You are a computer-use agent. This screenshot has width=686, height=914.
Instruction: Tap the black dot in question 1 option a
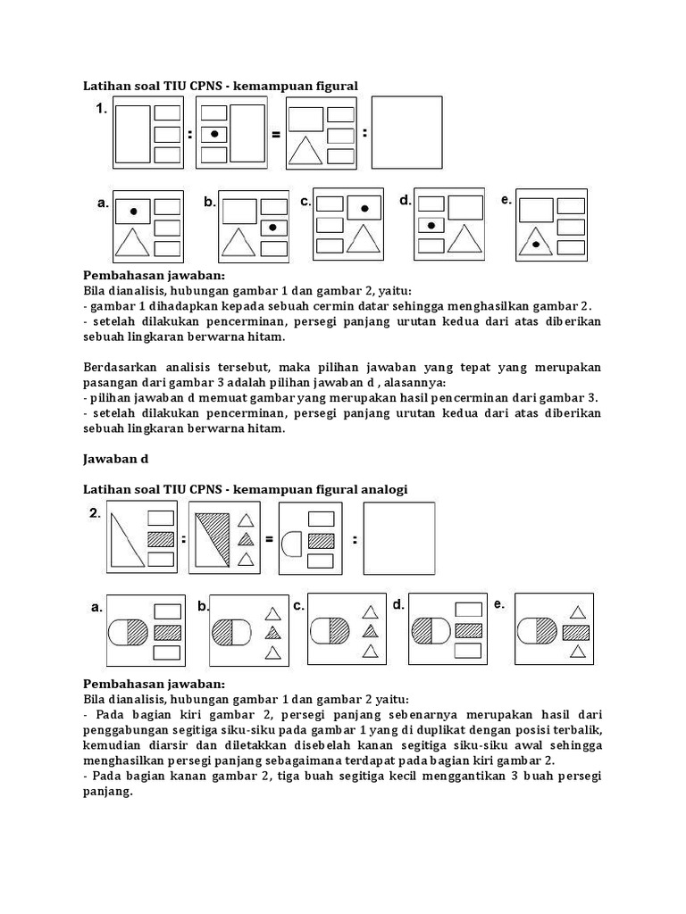[x=133, y=212]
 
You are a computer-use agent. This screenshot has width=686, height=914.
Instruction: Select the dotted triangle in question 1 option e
[x=535, y=241]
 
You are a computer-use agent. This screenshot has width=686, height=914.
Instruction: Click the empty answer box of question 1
[x=406, y=133]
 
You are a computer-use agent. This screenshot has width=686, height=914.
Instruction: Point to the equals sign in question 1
[x=276, y=136]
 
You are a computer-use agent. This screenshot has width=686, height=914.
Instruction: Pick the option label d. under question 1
[x=406, y=201]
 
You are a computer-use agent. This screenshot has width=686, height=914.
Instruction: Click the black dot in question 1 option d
[x=431, y=226]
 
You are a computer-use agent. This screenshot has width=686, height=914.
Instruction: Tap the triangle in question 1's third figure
[x=305, y=153]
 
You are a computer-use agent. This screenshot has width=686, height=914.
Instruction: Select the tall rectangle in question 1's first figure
[x=132, y=135]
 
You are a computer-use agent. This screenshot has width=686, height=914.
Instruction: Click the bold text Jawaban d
[x=115, y=459]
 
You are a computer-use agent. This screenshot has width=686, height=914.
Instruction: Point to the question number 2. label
[x=95, y=513]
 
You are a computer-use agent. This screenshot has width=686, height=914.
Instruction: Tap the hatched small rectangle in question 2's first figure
[x=160, y=538]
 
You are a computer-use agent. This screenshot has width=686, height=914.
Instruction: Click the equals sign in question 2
[x=266, y=539]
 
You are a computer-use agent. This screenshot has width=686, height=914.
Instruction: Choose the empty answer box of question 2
[x=399, y=539]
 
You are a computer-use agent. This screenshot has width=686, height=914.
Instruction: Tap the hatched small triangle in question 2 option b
[x=272, y=633]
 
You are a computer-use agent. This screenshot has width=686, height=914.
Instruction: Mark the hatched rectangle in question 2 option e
[x=577, y=632]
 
